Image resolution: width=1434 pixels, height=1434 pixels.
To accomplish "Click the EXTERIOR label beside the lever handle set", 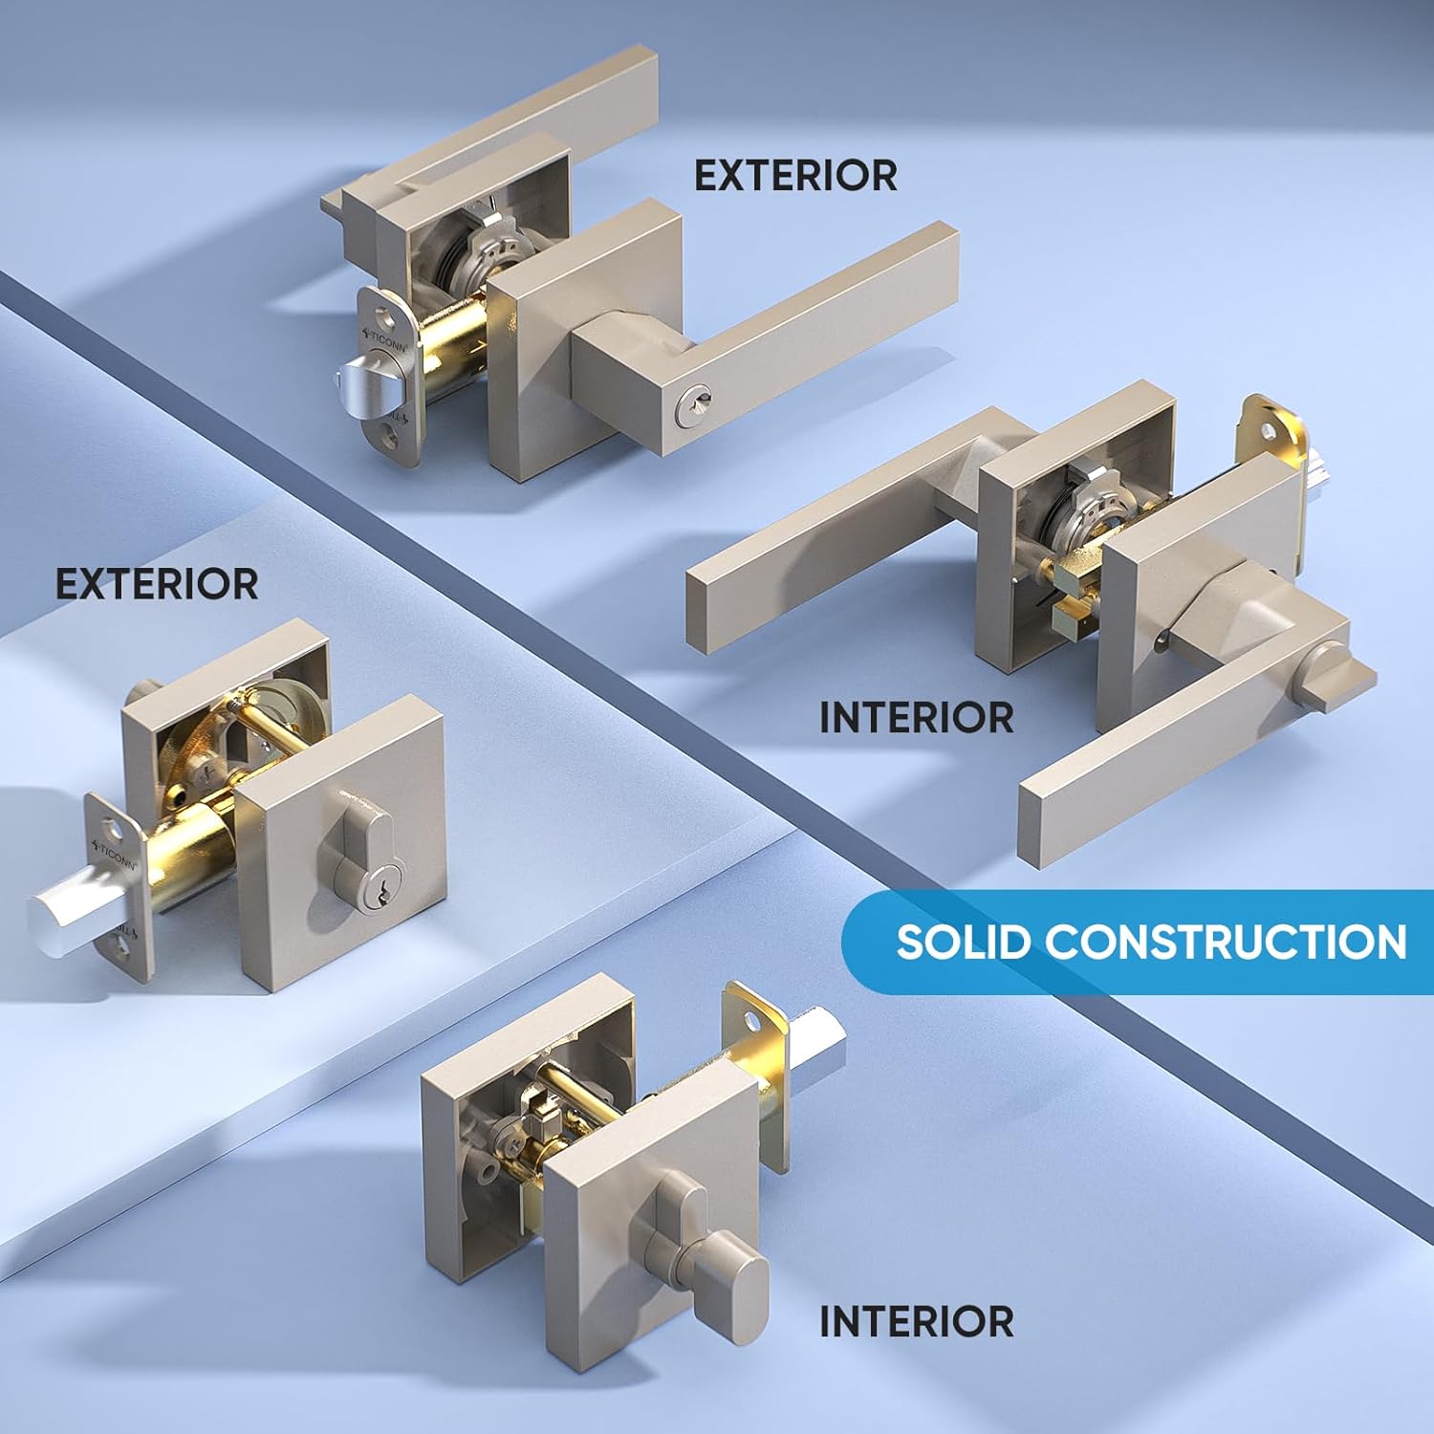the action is pos(795,176).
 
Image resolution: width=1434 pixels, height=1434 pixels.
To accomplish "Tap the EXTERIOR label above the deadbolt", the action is pos(157,584).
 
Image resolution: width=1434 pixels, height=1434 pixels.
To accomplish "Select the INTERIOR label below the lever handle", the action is pos(917,718).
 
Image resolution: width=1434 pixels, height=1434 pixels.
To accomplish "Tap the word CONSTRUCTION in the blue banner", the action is pos(1226,942).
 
